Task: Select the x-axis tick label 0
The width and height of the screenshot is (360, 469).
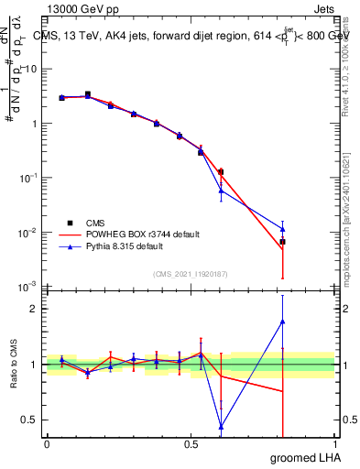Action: tap(47, 444)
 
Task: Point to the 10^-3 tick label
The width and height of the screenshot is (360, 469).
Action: tap(27, 288)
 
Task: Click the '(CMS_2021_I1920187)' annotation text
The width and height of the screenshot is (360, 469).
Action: tap(191, 274)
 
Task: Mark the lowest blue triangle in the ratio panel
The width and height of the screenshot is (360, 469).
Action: tap(221, 426)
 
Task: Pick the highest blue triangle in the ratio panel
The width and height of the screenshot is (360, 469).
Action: tap(283, 322)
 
